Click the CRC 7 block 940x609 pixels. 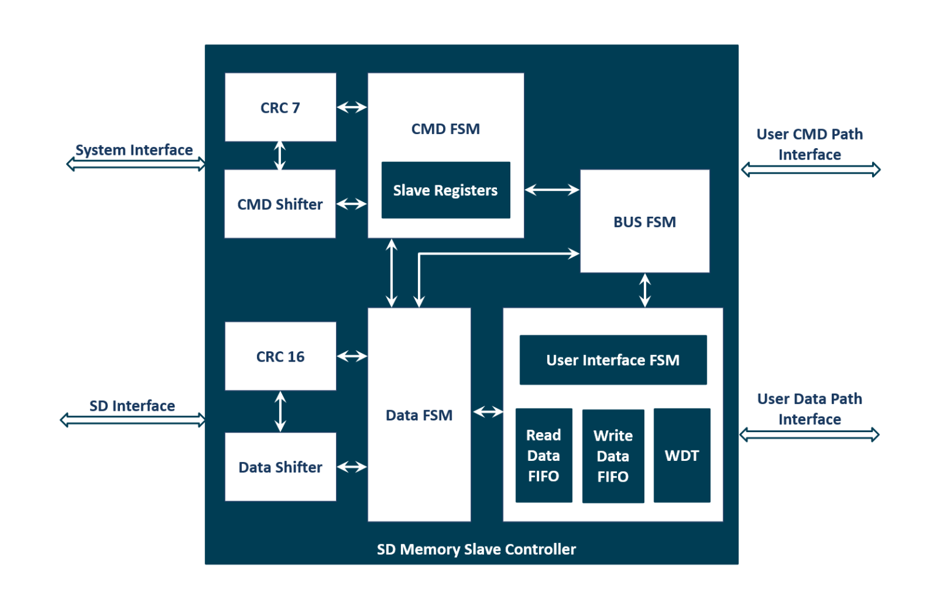tap(280, 107)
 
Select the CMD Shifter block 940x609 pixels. tap(280, 204)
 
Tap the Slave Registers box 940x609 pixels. tap(446, 190)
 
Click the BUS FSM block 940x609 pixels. tap(644, 222)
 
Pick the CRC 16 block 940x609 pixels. tap(280, 356)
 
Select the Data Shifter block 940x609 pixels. tap(280, 467)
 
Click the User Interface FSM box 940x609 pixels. tap(613, 360)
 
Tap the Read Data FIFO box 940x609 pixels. tap(543, 455)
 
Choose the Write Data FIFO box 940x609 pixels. tap(613, 456)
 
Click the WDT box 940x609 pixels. tap(682, 455)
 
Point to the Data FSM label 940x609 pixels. tap(419, 415)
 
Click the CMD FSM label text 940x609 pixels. tap(446, 129)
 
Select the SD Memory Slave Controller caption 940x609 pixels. tap(476, 549)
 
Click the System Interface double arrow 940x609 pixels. tap(136, 164)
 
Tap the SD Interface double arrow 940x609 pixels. tap(133, 420)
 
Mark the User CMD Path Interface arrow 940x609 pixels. tap(810, 170)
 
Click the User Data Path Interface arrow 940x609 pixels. tap(809, 435)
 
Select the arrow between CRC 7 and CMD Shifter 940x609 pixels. tap(280, 155)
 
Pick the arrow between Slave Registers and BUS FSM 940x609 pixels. tap(552, 190)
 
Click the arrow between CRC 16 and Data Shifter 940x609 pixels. tap(280, 411)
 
